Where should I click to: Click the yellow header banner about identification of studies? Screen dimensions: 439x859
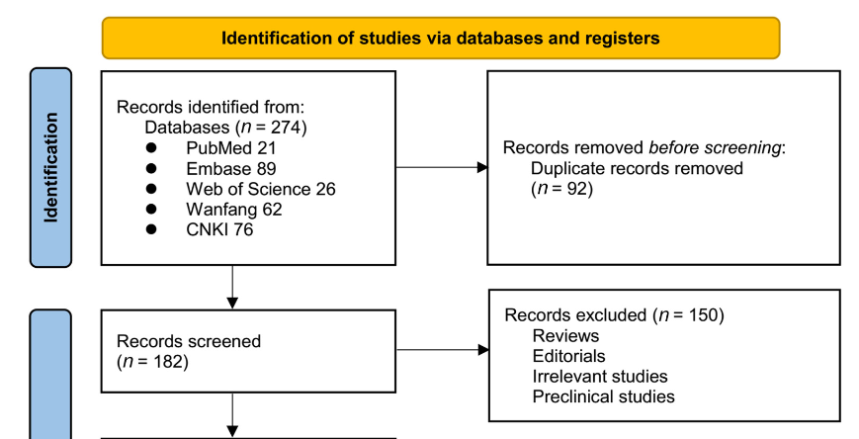click(x=440, y=39)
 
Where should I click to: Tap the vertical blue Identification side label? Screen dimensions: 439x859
click(x=50, y=167)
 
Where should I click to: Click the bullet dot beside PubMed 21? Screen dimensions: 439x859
click(x=152, y=146)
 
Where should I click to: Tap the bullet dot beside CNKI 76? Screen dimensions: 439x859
click(x=152, y=229)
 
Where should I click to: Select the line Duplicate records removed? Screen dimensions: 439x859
click(x=637, y=167)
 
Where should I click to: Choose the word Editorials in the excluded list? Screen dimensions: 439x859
click(x=568, y=356)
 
